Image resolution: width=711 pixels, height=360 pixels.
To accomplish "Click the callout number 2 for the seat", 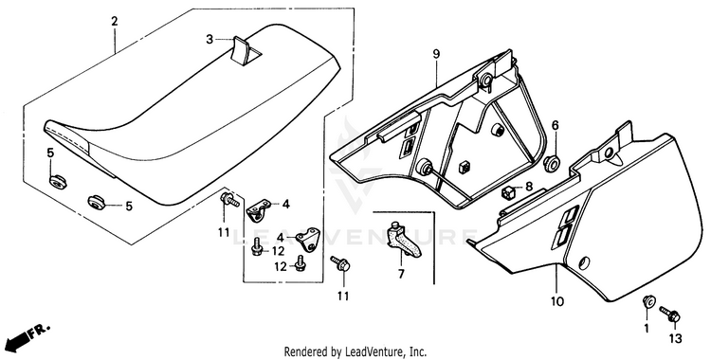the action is tap(114, 21).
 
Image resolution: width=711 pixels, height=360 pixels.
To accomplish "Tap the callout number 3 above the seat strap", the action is tap(210, 40).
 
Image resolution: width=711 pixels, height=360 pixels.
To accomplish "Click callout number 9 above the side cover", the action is tap(436, 54).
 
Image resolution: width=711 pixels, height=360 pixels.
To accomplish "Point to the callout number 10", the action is tap(556, 301).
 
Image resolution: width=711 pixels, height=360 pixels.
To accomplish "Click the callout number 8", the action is tap(529, 187).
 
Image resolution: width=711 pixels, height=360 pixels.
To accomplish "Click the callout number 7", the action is tap(401, 275).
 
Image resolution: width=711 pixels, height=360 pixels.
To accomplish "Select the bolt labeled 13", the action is tap(669, 313).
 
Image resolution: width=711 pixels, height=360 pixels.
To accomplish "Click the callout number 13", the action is tap(674, 338).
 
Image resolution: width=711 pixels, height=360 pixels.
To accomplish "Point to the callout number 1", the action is tap(647, 328).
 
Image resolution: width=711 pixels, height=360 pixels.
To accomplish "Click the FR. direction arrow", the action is tap(27, 336).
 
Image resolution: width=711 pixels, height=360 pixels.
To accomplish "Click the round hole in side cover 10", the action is tap(585, 262).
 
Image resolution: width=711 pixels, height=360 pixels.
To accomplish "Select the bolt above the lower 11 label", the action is tap(340, 262).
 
